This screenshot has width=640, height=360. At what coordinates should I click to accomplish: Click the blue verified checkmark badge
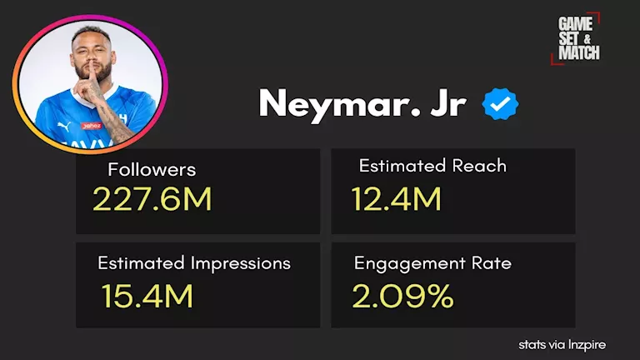(502, 105)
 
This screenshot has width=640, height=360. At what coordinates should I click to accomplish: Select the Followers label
(152, 170)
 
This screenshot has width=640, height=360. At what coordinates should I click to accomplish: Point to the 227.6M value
(152, 200)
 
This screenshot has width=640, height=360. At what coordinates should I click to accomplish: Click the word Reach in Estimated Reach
(477, 166)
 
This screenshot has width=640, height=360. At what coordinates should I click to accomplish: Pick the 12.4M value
(396, 200)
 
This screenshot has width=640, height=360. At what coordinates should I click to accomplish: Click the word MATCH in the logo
(579, 52)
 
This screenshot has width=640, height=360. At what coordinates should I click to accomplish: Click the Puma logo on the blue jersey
(66, 125)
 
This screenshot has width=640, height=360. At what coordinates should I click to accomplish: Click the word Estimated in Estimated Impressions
(139, 263)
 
